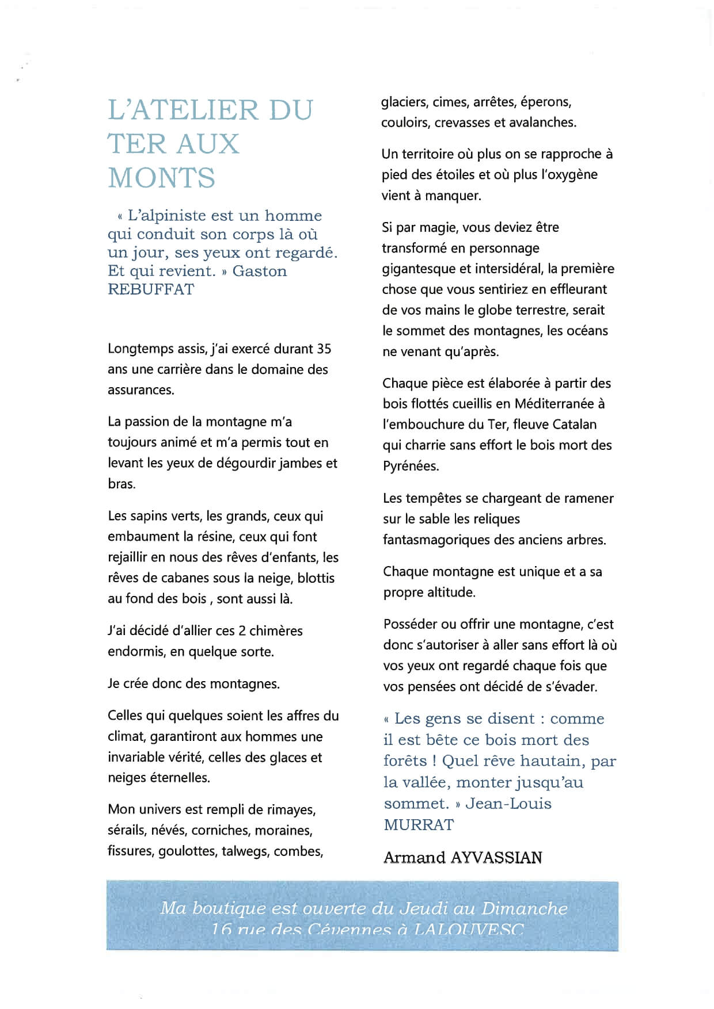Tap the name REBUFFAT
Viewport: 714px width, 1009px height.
(151, 289)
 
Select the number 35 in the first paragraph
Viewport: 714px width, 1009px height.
(324, 349)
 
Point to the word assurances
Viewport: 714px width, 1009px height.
(140, 390)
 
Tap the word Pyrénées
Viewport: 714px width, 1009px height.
(411, 466)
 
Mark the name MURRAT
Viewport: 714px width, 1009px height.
(419, 825)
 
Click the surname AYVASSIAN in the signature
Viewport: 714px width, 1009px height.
(496, 858)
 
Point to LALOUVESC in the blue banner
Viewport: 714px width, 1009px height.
(469, 930)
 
